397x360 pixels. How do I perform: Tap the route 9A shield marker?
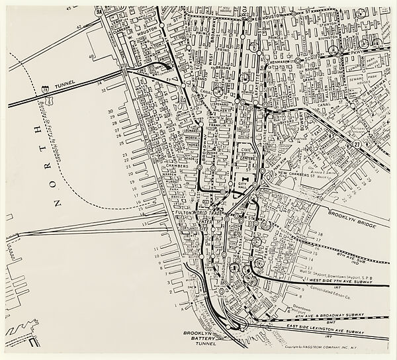[x=99, y=11]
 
